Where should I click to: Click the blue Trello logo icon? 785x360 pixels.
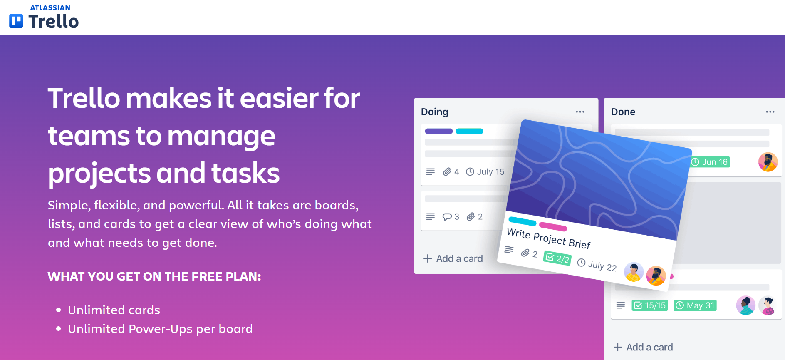(x=16, y=21)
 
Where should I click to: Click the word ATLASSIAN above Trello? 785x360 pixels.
(x=50, y=7)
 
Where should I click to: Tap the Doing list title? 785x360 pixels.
(x=434, y=112)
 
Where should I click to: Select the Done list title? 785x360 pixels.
(x=623, y=112)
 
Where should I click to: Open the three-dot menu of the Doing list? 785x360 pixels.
(x=580, y=112)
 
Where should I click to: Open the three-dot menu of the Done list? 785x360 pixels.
(x=770, y=112)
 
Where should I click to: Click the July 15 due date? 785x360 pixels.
(x=485, y=172)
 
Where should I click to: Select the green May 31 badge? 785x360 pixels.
(x=695, y=305)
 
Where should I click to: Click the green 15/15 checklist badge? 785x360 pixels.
(x=649, y=305)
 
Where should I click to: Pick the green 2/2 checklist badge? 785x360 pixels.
(x=557, y=258)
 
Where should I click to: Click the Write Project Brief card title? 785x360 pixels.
(x=549, y=238)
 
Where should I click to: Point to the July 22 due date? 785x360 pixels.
(x=597, y=265)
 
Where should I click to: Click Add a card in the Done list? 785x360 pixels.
(x=644, y=347)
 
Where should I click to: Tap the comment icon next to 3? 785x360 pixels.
(x=447, y=217)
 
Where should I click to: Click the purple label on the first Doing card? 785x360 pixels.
(x=438, y=131)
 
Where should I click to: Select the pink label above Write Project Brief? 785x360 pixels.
(x=553, y=226)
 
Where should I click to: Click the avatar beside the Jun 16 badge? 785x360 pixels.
(x=768, y=162)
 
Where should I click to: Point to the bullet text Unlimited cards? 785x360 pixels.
(x=114, y=310)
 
